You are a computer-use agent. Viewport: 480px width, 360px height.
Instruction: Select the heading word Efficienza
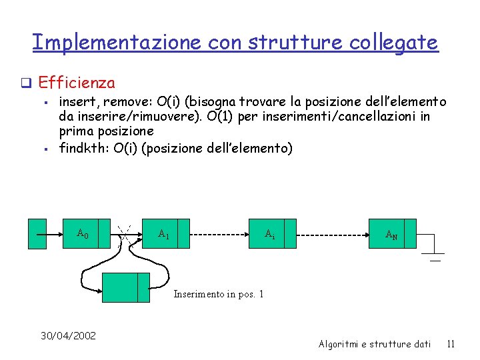click(77, 83)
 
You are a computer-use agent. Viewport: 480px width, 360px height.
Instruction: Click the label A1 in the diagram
click(163, 234)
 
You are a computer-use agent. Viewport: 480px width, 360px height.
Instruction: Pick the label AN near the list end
click(392, 235)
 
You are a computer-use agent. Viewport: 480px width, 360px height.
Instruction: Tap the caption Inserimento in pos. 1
click(219, 294)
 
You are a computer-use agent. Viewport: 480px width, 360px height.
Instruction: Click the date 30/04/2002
click(67, 335)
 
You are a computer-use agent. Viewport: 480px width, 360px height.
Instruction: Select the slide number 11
click(451, 344)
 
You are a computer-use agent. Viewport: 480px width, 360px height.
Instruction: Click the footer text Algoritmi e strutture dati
click(375, 344)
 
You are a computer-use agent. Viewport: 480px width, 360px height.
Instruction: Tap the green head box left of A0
click(37, 233)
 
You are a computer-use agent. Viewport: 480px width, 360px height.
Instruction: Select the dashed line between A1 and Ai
click(219, 235)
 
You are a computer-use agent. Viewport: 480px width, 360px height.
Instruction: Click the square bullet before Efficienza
click(27, 83)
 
